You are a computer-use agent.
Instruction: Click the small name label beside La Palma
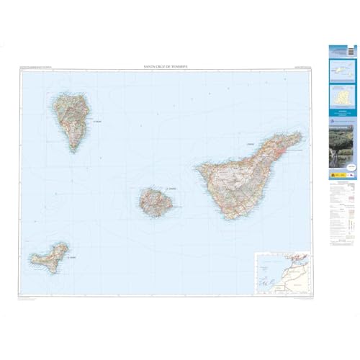[98, 122]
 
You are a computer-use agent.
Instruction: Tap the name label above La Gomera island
[170, 189]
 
